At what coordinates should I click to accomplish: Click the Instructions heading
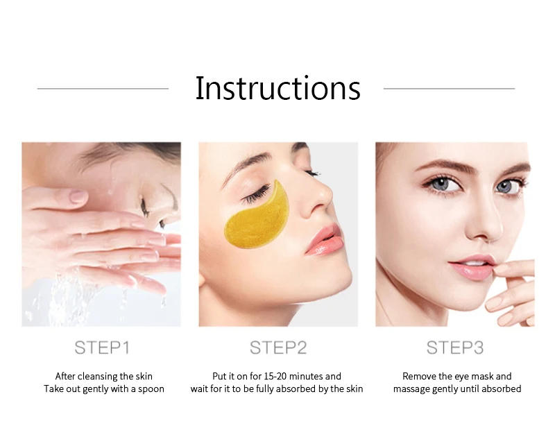click(x=277, y=89)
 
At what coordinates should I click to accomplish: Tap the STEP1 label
click(x=101, y=347)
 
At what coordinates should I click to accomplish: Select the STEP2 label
click(x=277, y=347)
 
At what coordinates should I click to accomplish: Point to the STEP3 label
click(x=454, y=347)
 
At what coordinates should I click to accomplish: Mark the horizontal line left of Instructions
click(x=103, y=89)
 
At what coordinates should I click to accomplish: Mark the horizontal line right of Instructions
click(x=449, y=89)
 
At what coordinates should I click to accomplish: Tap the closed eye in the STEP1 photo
click(x=144, y=205)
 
